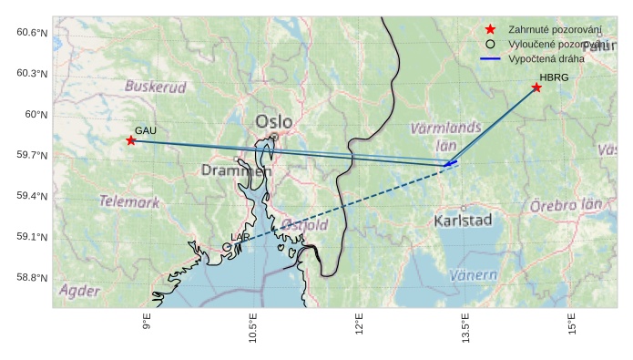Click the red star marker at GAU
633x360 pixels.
pyautogui.click(x=131, y=140)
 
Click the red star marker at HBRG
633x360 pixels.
pyautogui.click(x=536, y=87)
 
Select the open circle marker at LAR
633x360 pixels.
pyautogui.click(x=227, y=247)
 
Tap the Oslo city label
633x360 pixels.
pyautogui.click(x=274, y=121)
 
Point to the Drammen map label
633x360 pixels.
pyautogui.click(x=236, y=170)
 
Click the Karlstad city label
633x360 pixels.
pyautogui.click(x=463, y=221)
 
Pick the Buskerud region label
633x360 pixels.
pyautogui.click(x=155, y=87)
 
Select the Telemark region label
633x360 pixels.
pyautogui.click(x=128, y=201)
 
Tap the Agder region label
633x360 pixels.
pyautogui.click(x=79, y=291)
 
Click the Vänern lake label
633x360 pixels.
pyautogui.click(x=474, y=274)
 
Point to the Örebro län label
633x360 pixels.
pyautogui.click(x=566, y=205)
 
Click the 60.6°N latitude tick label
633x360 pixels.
pyautogui.click(x=32, y=33)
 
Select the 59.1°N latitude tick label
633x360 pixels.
pyautogui.click(x=32, y=237)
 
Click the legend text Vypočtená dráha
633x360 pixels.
pyautogui.click(x=546, y=58)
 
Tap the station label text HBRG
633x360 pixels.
pyautogui.click(x=554, y=77)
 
